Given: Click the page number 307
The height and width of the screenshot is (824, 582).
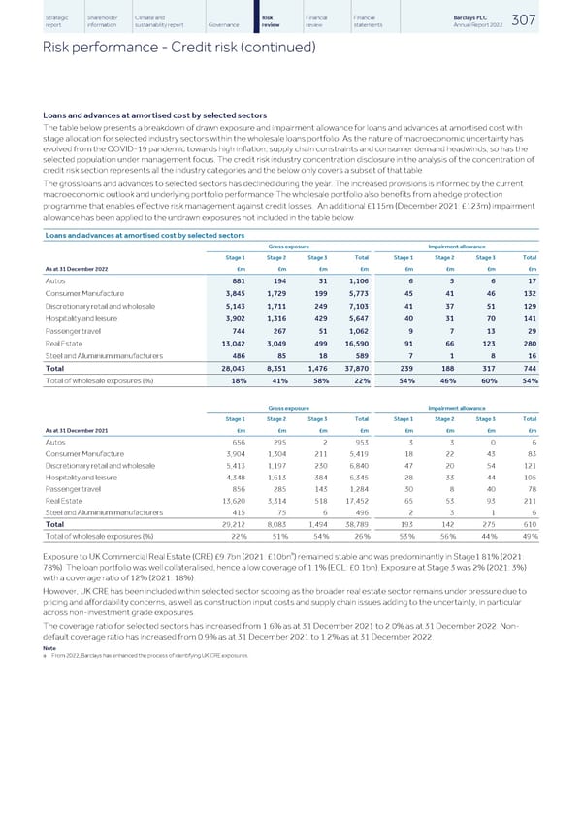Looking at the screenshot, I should click(x=555, y=20).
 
